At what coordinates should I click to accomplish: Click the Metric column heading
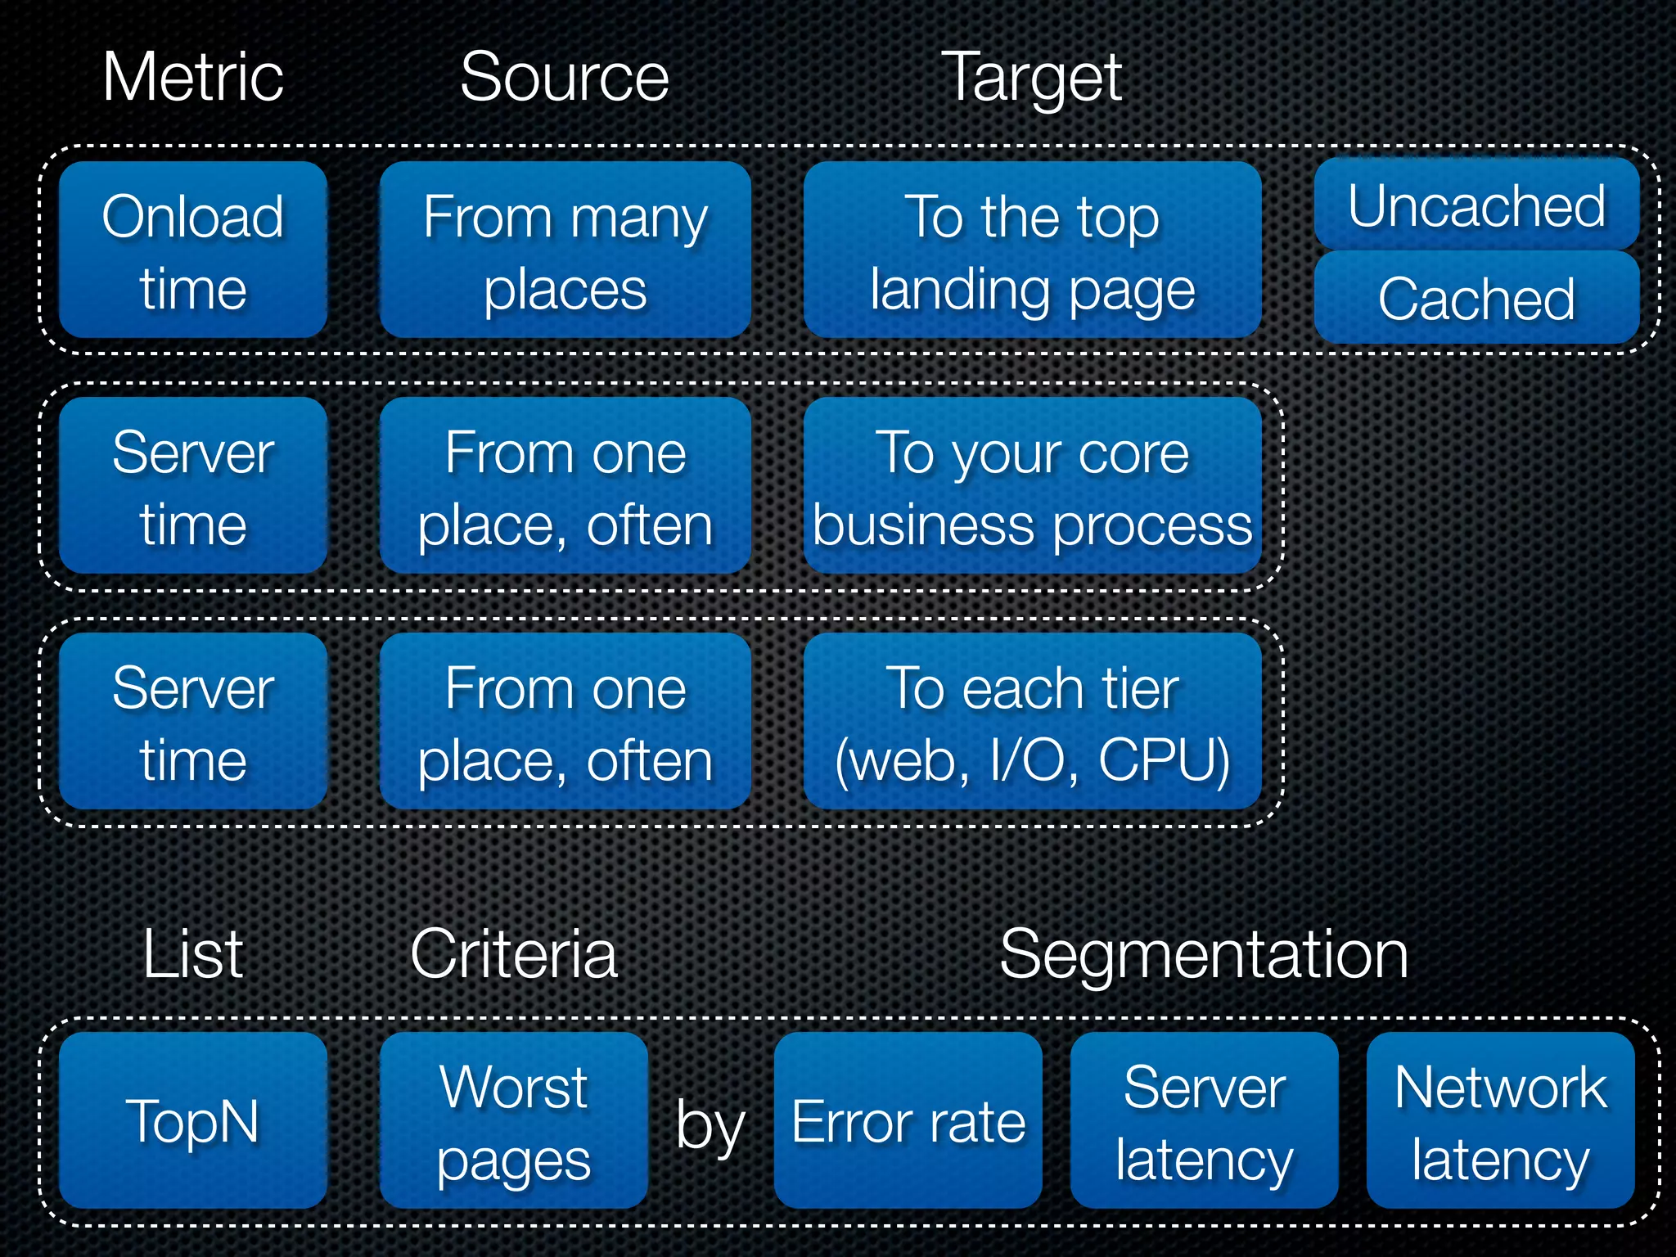pos(193,77)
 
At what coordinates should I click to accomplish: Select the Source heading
pos(565,77)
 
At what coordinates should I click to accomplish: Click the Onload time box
pos(193,250)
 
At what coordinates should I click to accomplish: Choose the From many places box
pos(565,250)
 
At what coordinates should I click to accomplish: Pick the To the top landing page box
pos(1032,250)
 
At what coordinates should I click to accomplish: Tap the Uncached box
pos(1476,205)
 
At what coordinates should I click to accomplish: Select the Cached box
pos(1476,298)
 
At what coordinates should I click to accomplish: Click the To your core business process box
pos(1032,485)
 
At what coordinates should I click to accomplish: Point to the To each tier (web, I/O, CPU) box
pos(1032,721)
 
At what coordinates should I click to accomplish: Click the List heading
pos(193,954)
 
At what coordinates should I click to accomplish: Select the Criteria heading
pos(514,954)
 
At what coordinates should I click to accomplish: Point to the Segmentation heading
pos(1204,954)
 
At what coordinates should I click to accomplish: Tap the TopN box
pos(193,1120)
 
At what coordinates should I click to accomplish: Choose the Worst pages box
pos(514,1120)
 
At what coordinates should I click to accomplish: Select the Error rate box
pos(908,1120)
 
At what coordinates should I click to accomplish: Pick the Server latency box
pos(1204,1120)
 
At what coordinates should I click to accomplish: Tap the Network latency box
pos(1500,1120)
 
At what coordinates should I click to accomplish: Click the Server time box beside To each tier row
pos(193,721)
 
